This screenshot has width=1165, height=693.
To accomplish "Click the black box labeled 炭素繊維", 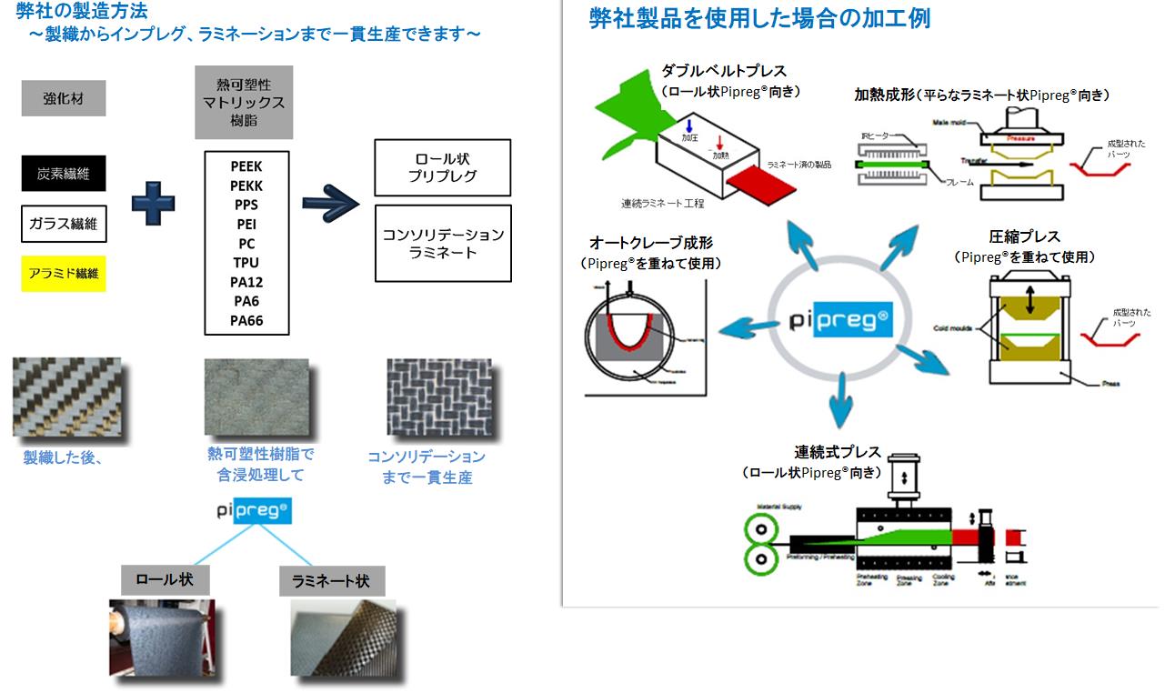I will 63,172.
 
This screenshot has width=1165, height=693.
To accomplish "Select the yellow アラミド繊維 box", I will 63,273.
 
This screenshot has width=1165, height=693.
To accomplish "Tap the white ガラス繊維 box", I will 63,224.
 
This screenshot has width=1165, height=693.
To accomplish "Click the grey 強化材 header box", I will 63,98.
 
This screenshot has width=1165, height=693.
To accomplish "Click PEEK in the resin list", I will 246,166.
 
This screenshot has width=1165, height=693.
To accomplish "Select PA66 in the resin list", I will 246,320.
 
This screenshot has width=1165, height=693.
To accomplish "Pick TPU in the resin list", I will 246,263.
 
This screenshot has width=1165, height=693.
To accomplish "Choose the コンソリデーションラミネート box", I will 443,243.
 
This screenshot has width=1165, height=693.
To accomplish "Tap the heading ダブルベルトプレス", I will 724,71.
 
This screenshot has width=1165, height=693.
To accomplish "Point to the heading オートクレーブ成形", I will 650,244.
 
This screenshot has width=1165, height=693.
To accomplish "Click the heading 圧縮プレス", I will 1024,237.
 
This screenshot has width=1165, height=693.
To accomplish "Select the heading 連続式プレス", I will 838,452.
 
